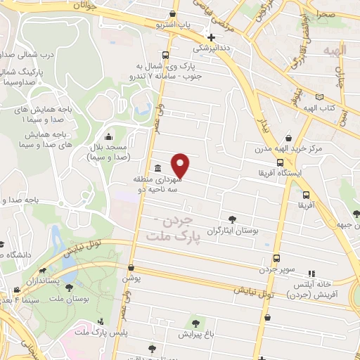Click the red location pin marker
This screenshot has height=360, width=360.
[181, 165]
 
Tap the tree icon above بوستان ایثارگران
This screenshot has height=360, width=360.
[233, 219]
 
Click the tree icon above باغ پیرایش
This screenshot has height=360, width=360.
[195, 323]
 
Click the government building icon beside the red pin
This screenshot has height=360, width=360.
[156, 169]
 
